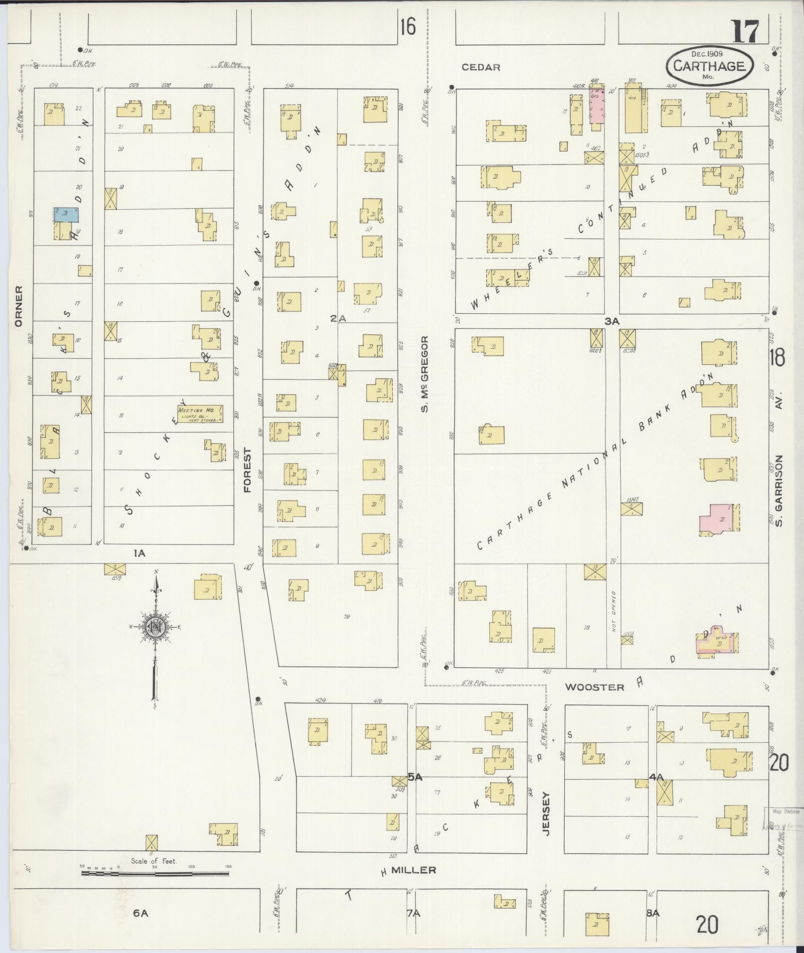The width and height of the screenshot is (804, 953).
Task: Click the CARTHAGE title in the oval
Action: point(708,66)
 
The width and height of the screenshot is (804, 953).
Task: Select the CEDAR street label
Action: point(481,67)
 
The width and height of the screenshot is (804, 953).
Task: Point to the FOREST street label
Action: point(248,470)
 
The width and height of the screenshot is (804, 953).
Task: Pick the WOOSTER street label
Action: point(594,687)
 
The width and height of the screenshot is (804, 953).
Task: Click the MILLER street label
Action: point(413,870)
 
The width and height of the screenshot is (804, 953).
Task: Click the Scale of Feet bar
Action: point(155,872)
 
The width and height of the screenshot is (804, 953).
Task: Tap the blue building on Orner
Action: point(66,215)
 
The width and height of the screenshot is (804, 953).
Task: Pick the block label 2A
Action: point(338,318)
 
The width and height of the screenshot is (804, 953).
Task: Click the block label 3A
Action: point(612,322)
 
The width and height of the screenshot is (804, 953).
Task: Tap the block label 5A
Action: point(415,791)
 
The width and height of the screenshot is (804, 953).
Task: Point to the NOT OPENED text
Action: point(614,611)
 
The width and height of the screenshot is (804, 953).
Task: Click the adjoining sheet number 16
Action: point(407,27)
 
